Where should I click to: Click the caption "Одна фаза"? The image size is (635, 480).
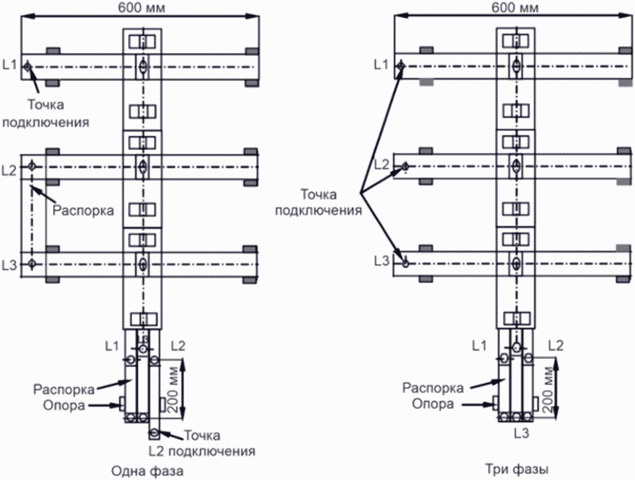coord(148,471)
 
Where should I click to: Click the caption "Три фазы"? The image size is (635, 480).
coord(517,469)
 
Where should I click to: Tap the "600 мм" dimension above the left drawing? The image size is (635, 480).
coord(142,8)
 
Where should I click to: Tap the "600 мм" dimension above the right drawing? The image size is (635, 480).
coord(515,8)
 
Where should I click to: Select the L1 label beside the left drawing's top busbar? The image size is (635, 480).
coord(9,65)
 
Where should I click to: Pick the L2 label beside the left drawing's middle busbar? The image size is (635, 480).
coord(9,170)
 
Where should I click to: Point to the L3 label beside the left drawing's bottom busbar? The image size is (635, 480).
coord(9,265)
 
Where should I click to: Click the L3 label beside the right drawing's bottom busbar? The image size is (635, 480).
coord(381,261)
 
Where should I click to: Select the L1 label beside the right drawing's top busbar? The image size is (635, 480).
coord(380,64)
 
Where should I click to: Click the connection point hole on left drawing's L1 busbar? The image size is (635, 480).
coord(27,67)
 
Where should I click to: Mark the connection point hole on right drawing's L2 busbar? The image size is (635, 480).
coord(405,166)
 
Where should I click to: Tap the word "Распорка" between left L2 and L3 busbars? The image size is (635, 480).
coord(83,210)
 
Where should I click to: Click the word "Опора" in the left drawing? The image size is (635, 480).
coord(64,405)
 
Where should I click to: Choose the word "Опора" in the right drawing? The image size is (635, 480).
coord(433,404)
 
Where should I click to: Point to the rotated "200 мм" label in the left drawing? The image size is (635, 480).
coord(174,389)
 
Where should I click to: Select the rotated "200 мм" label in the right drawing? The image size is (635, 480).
coord(549,389)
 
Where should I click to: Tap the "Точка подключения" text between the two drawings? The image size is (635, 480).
coord(318,202)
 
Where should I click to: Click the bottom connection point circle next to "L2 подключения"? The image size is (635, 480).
coord(155,434)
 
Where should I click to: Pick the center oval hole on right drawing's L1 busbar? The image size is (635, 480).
coord(515,65)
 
